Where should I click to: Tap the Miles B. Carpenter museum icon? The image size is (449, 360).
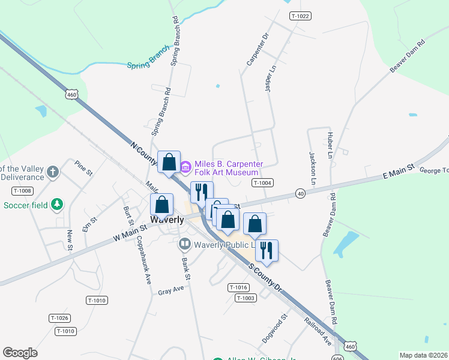point(185,165)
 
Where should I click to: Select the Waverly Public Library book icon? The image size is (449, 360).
point(184,244)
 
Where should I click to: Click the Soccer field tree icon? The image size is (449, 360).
point(57,205)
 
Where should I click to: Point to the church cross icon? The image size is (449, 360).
point(53,173)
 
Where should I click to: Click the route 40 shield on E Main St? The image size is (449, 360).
point(300,193)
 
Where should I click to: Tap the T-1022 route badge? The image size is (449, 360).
point(300,16)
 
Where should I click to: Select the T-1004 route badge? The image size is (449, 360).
point(263,183)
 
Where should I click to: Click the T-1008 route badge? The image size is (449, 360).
point(22,191)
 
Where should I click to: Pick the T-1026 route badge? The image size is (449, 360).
point(59,318)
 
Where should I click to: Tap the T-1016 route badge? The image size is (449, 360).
point(238,288)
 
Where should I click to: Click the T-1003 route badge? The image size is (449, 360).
point(246,298)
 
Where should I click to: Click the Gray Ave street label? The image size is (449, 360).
point(170,290)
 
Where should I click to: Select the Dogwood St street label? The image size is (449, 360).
point(276,327)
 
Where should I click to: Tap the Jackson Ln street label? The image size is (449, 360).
point(313,167)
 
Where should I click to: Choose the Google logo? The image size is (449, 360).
point(20,353)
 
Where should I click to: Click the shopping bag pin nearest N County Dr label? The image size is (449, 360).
point(169,163)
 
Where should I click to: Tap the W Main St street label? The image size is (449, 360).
point(130,232)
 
